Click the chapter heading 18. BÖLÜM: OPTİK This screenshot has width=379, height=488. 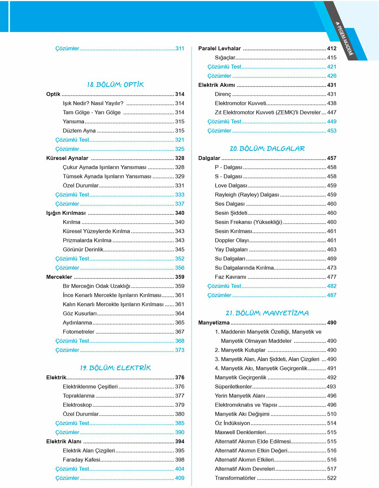pyautogui.click(x=115, y=85)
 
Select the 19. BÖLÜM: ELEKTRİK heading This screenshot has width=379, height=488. pyautogui.click(x=115, y=368)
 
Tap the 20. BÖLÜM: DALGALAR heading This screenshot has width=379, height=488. pyautogui.click(x=267, y=149)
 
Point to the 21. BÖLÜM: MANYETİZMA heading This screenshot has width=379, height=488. pyautogui.click(x=267, y=313)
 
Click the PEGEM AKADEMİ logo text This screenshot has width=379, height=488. pyautogui.click(x=344, y=39)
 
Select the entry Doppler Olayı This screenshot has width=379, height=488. pyautogui.click(x=231, y=240)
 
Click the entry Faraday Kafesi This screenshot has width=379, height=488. pyautogui.click(x=82, y=460)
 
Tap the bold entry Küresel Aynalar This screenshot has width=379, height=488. pyautogui.click(x=67, y=158)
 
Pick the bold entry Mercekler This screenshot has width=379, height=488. pyautogui.click(x=59, y=277)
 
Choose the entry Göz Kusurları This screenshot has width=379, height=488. pyautogui.click(x=80, y=314)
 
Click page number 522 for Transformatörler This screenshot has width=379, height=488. pyautogui.click(x=332, y=478)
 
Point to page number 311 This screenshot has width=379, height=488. pyautogui.click(x=180, y=48)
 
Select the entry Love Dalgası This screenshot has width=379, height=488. pyautogui.click(x=231, y=186)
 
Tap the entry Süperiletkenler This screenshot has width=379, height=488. pyautogui.click(x=233, y=387)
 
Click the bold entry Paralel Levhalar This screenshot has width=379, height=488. pyautogui.click(x=219, y=48)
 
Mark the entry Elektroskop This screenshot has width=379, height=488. pyautogui.click(x=77, y=405)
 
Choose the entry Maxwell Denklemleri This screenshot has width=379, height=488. pyautogui.click(x=240, y=432)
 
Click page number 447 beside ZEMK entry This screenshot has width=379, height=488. pyautogui.click(x=332, y=113)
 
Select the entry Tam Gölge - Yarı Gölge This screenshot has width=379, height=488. pyautogui.click(x=92, y=113)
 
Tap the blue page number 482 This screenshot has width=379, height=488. pyautogui.click(x=332, y=286)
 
